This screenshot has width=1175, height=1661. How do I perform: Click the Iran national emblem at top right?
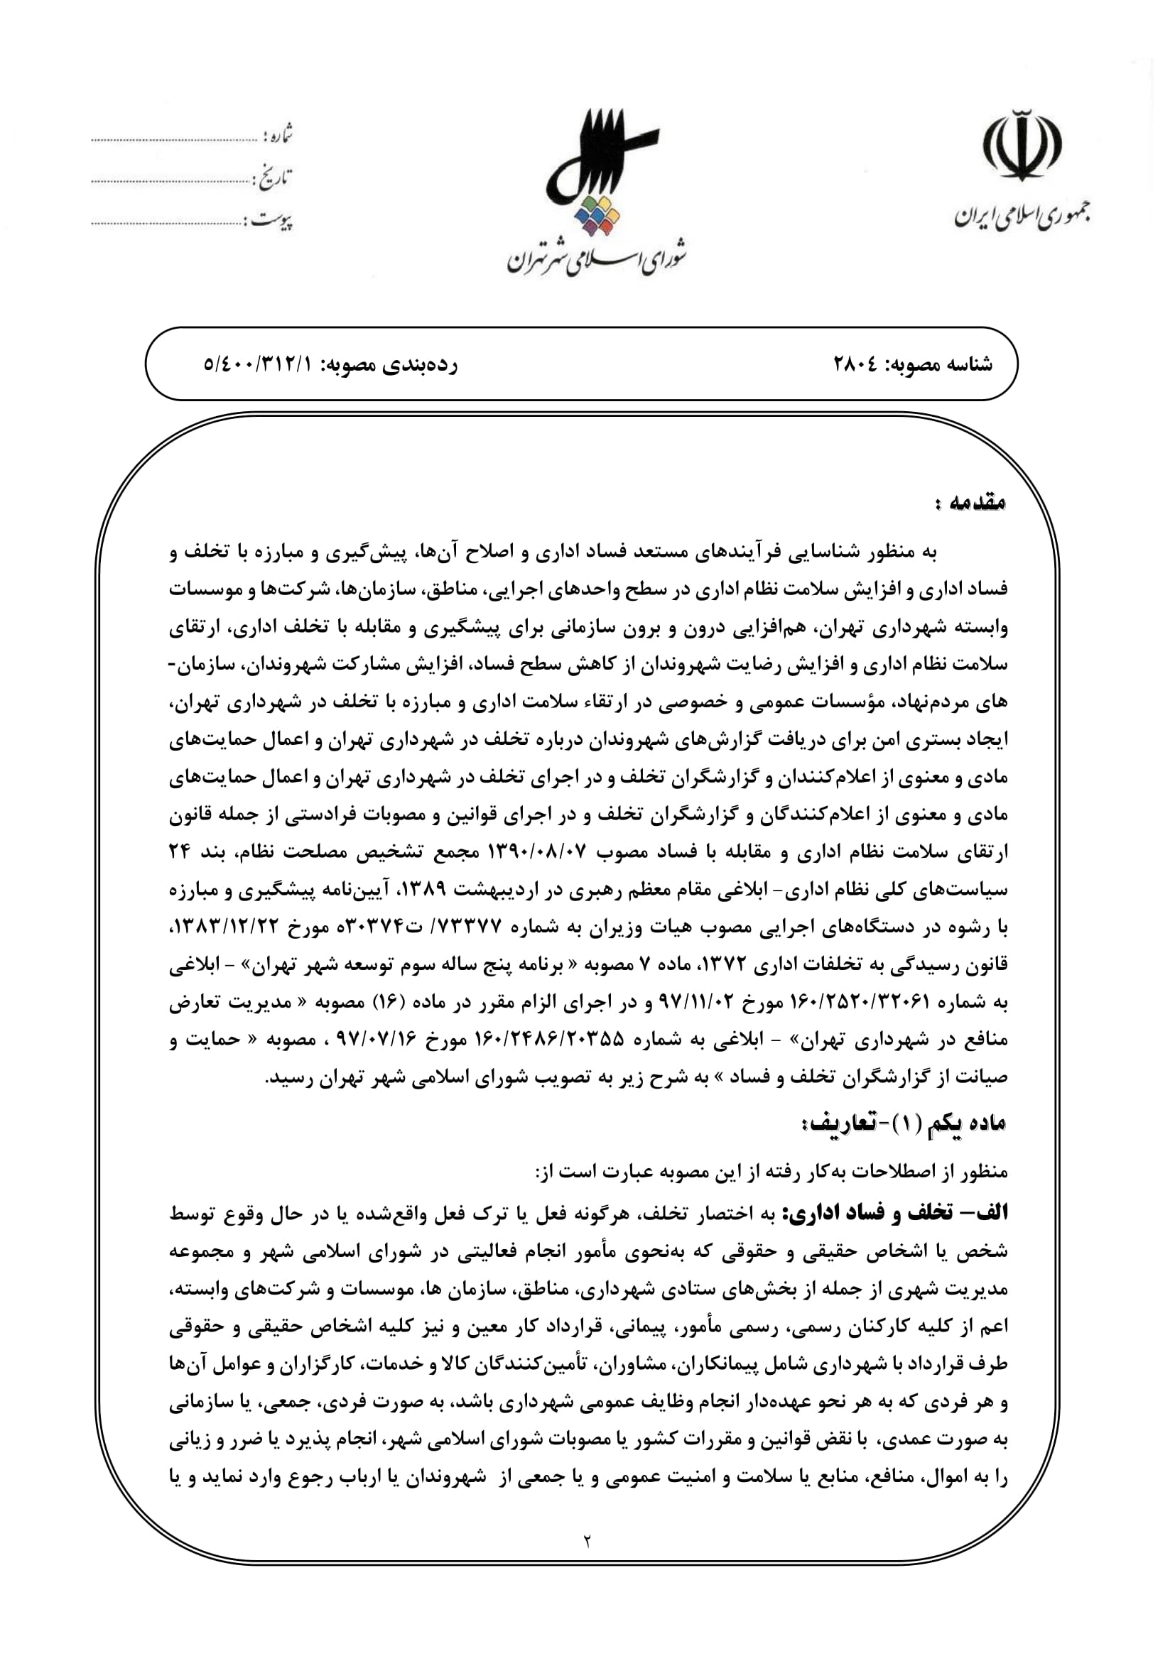tap(1022, 146)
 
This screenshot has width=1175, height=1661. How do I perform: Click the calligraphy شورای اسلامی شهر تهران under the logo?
tap(595, 261)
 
